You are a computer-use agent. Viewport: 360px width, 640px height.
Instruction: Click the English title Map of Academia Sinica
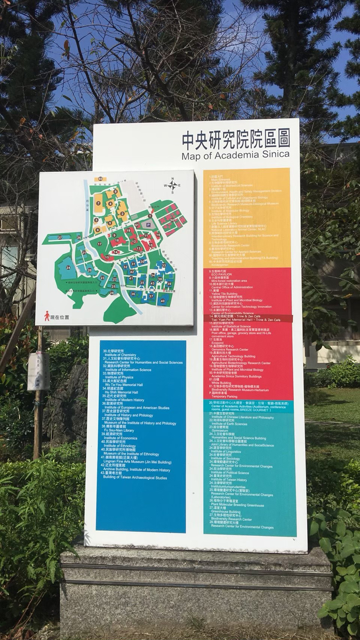(235, 155)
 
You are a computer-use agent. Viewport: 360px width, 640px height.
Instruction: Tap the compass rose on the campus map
(173, 185)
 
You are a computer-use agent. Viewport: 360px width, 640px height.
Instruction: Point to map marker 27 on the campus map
(60, 237)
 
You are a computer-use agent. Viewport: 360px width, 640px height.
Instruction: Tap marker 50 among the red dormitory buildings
(172, 220)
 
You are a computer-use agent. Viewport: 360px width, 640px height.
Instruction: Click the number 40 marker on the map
(162, 302)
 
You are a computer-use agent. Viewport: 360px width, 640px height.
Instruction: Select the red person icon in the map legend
(47, 317)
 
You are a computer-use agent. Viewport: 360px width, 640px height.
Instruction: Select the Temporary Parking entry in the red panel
(227, 397)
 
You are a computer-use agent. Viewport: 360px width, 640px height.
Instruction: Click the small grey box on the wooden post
(38, 371)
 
